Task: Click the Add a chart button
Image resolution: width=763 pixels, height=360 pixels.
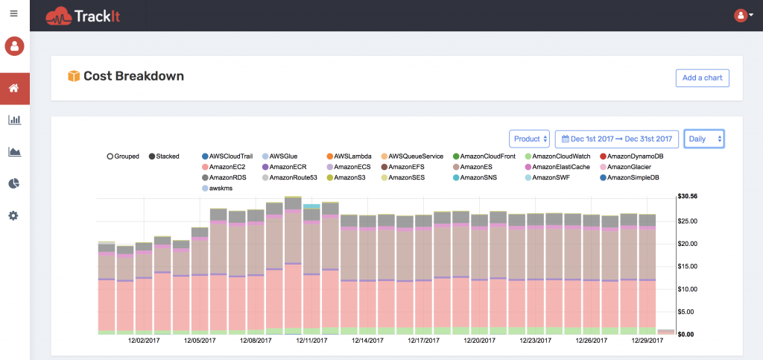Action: pos(702,78)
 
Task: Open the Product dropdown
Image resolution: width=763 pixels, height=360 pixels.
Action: pos(529,139)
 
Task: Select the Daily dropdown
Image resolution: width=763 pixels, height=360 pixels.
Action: pos(703,139)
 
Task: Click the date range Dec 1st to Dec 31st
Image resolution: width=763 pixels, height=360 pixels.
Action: pos(616,139)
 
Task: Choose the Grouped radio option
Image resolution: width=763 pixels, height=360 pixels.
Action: pos(110,157)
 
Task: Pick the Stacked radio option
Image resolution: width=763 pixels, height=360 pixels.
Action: pos(153,157)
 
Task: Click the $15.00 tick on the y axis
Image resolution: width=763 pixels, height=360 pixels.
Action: pos(688,266)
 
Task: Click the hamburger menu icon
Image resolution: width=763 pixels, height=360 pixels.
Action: pos(14,14)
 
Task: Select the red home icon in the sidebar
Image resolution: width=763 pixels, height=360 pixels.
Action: pos(14,89)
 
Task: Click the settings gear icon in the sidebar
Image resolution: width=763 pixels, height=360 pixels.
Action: pos(14,215)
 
